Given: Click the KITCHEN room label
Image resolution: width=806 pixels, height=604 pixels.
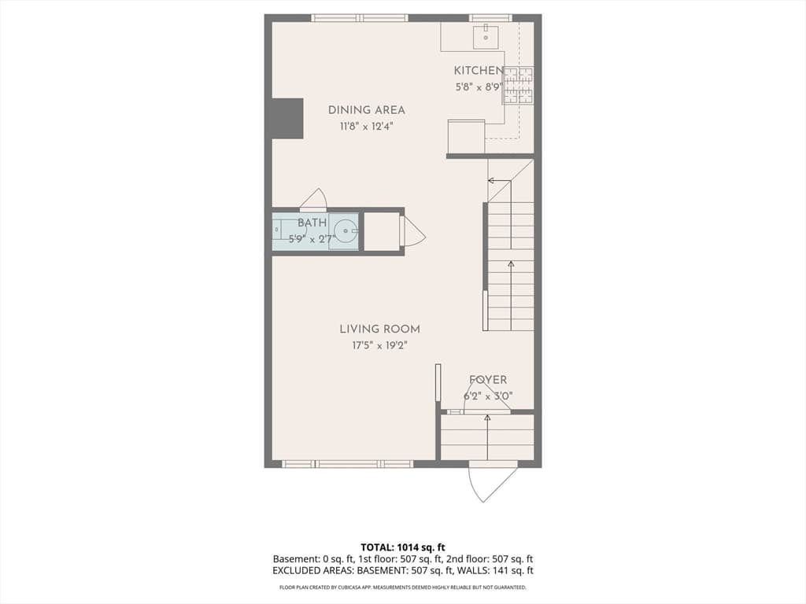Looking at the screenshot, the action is tap(478, 70).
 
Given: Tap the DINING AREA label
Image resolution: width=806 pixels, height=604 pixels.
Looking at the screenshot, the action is tap(367, 110).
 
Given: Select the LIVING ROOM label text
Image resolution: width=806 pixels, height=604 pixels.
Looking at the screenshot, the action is tap(380, 330).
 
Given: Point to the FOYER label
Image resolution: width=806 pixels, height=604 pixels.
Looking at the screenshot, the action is tap(488, 380).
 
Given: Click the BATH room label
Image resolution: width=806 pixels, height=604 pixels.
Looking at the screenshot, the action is tap(312, 223).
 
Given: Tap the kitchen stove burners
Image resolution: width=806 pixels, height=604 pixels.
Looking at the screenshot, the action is tap(518, 85).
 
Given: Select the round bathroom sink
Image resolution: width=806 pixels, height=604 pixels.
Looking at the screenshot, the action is tap(346, 231).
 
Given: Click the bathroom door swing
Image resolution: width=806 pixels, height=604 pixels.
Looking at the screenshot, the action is tap(313, 200).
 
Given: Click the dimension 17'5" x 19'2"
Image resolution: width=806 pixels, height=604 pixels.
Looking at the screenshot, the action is tap(380, 346).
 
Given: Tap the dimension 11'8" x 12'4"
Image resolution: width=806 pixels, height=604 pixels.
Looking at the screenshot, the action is tap(367, 127).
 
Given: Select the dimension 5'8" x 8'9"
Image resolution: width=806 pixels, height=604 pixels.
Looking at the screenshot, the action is tap(478, 87).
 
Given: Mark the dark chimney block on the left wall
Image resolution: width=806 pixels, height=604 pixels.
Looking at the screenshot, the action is tap(287, 118).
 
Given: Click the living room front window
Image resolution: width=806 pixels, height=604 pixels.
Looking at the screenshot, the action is tap(347, 464).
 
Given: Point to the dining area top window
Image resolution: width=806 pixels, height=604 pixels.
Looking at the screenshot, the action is tap(359, 18).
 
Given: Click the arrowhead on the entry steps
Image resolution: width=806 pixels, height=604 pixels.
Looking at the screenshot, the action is tap(487, 418).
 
